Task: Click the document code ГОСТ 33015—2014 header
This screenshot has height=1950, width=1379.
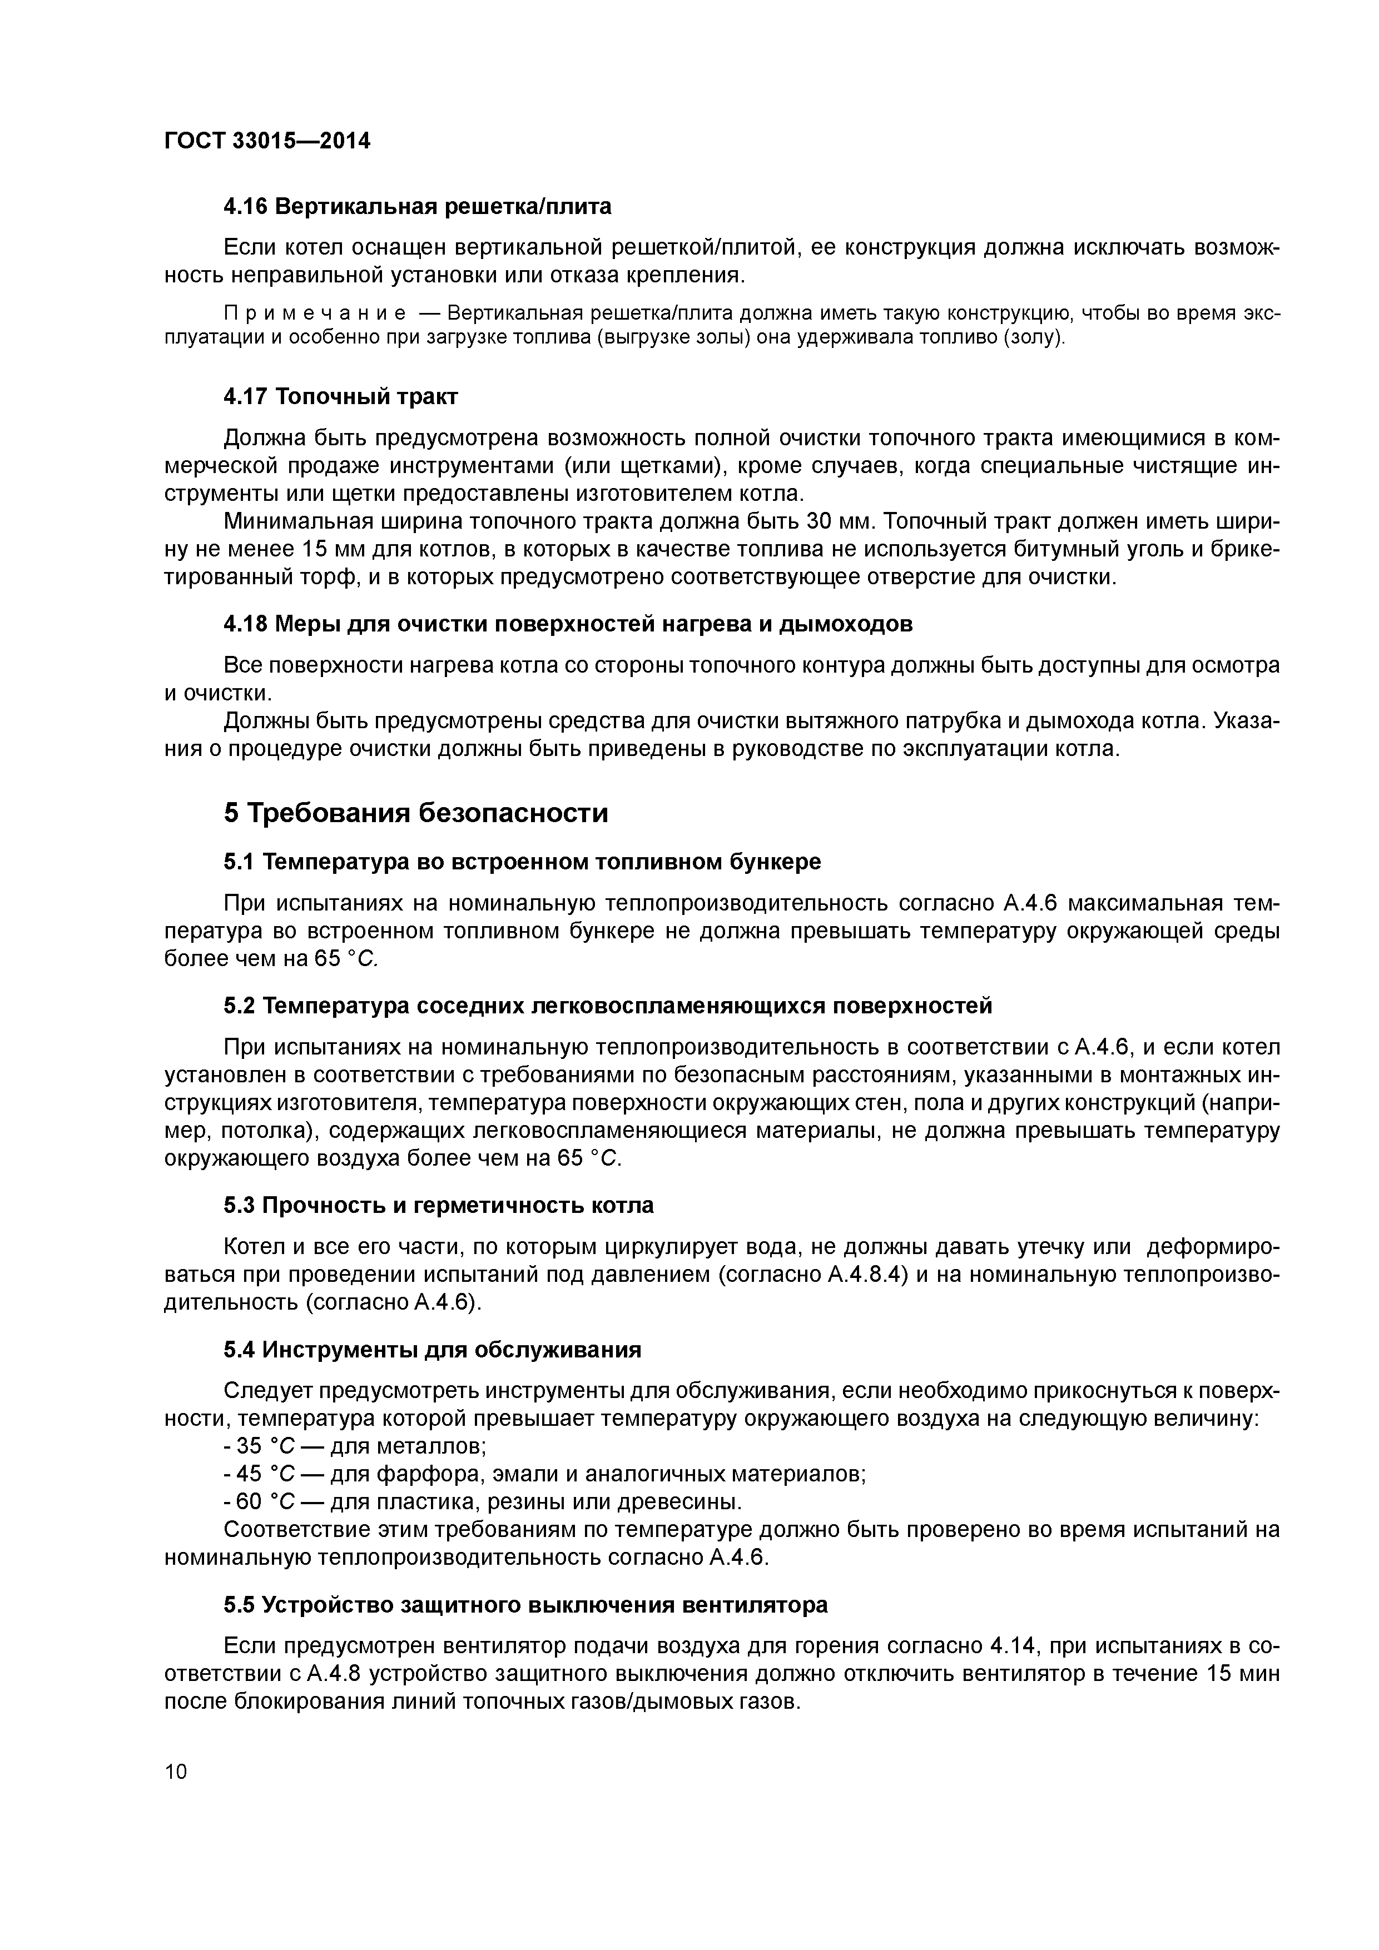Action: pyautogui.click(x=267, y=141)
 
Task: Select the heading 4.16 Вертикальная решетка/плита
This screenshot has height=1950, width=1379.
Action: pyautogui.click(x=416, y=206)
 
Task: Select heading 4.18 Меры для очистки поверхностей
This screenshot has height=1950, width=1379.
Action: pyautogui.click(x=568, y=624)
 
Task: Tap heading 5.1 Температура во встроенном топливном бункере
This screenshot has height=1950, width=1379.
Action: pyautogui.click(x=522, y=862)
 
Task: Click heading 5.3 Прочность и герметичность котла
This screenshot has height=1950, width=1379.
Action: pyautogui.click(x=438, y=1206)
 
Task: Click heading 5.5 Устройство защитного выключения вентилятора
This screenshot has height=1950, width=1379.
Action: pyautogui.click(x=525, y=1605)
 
